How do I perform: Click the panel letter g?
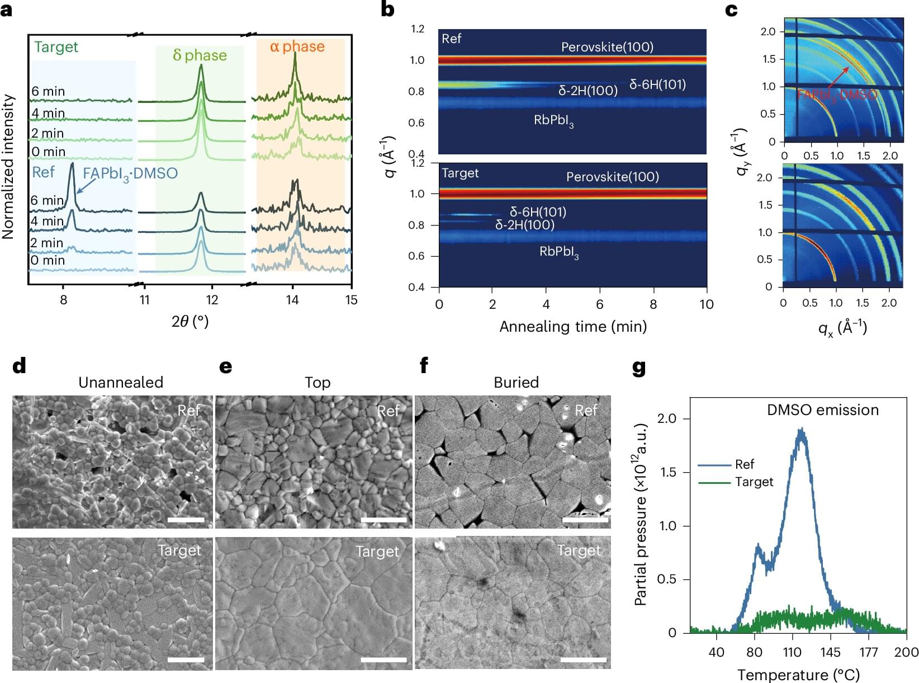coord(638,369)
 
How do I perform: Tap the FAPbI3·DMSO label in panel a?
coord(130,173)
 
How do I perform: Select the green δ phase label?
coord(200,55)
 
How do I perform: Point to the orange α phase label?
coord(297,46)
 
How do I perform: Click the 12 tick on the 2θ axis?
coord(212,300)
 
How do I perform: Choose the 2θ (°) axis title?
coord(190,321)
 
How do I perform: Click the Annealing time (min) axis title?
coord(572,327)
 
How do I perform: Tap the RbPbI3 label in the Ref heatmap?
coord(553,121)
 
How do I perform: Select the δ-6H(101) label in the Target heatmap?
coord(537,212)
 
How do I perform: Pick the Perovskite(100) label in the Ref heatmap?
coord(607,47)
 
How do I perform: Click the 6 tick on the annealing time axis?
coord(599,304)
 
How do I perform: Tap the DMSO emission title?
coord(822,410)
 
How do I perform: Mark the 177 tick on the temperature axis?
coord(869,652)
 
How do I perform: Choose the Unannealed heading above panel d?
coord(121,383)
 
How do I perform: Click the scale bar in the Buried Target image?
coord(583,660)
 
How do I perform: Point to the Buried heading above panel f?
coord(516,383)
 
